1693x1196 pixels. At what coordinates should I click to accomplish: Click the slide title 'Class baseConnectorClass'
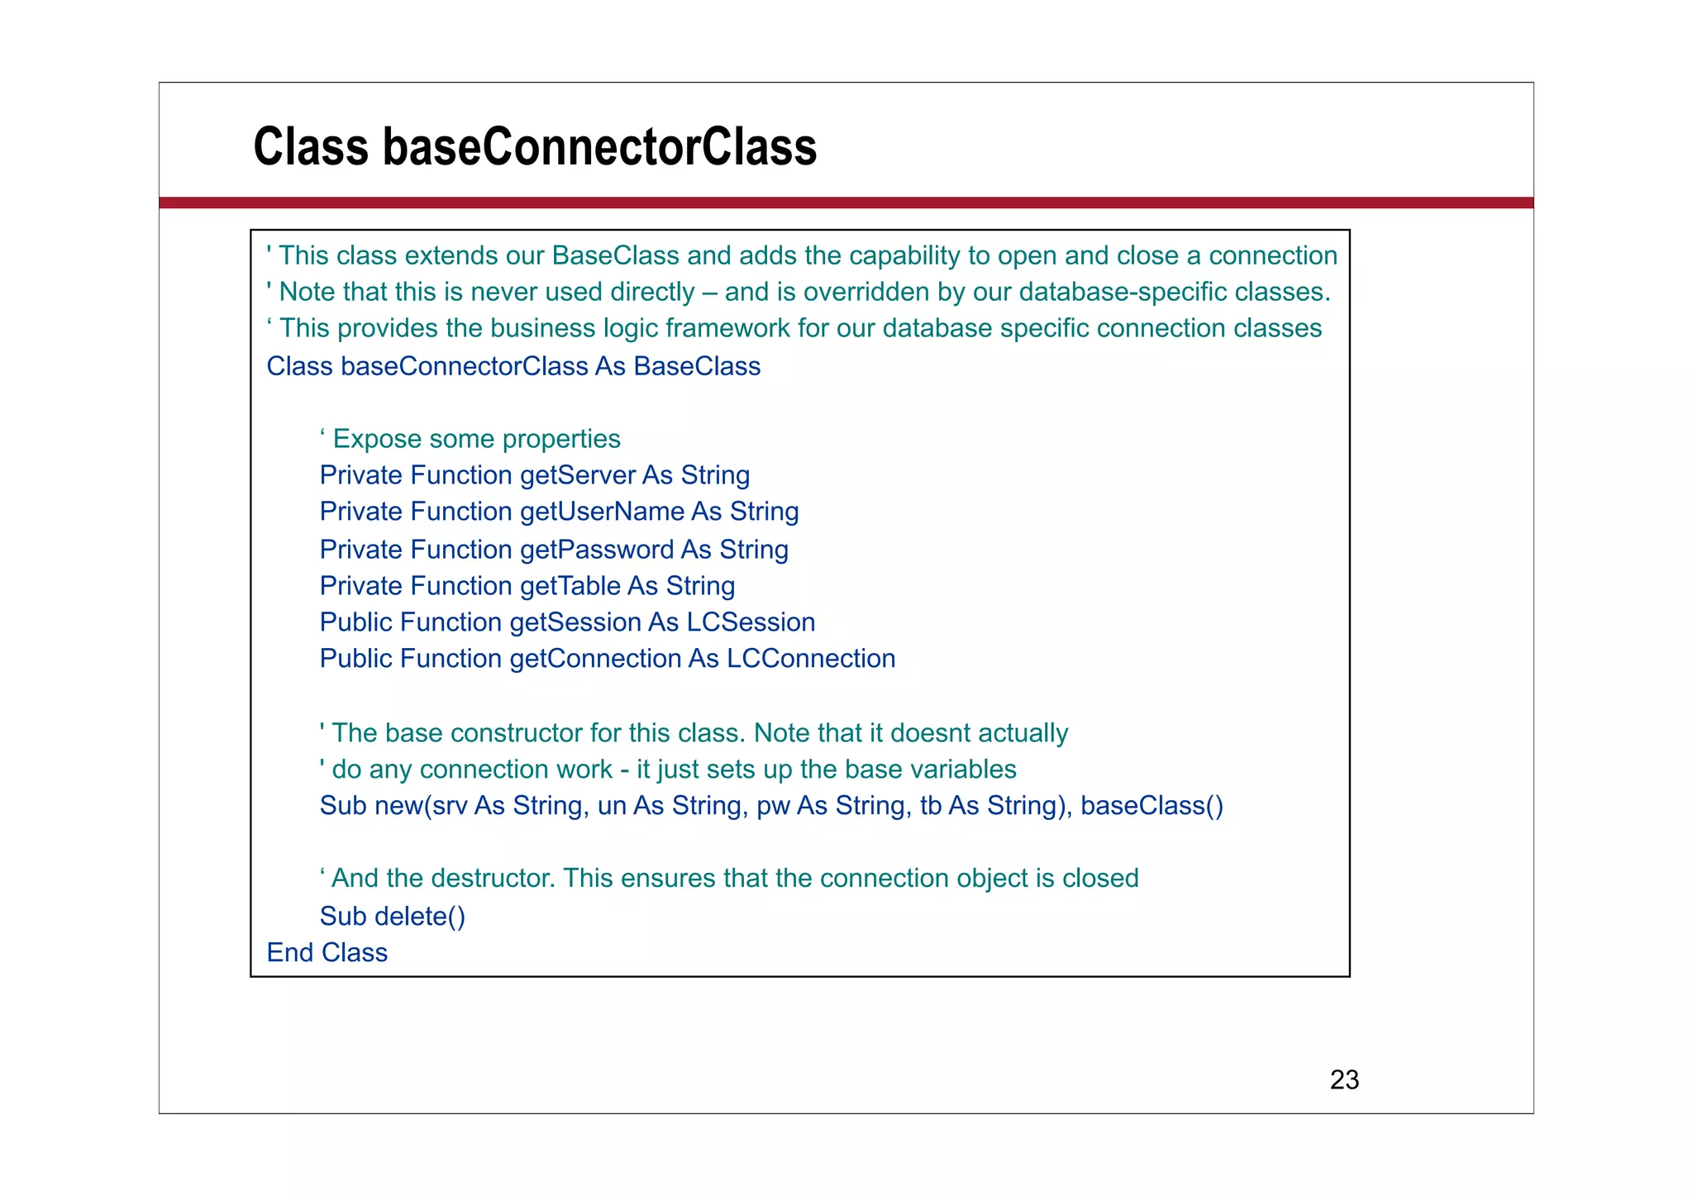tap(535, 146)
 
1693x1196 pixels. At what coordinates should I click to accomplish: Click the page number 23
tap(1344, 1079)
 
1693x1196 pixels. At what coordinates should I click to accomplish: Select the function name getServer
tap(577, 475)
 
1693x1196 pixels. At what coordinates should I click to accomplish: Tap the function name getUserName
tap(602, 512)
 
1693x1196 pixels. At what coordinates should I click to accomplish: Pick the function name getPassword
tap(596, 550)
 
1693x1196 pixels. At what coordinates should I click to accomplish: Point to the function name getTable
tap(570, 586)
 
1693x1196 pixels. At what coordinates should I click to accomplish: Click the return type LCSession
tap(751, 622)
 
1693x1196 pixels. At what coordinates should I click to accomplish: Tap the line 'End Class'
tap(327, 952)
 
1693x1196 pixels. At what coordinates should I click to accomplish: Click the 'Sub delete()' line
tap(392, 916)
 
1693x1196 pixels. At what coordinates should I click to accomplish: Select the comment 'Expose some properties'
tap(476, 439)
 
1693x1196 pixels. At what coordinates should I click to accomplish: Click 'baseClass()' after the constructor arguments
tap(1152, 805)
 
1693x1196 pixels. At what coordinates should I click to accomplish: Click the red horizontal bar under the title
tap(846, 203)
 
